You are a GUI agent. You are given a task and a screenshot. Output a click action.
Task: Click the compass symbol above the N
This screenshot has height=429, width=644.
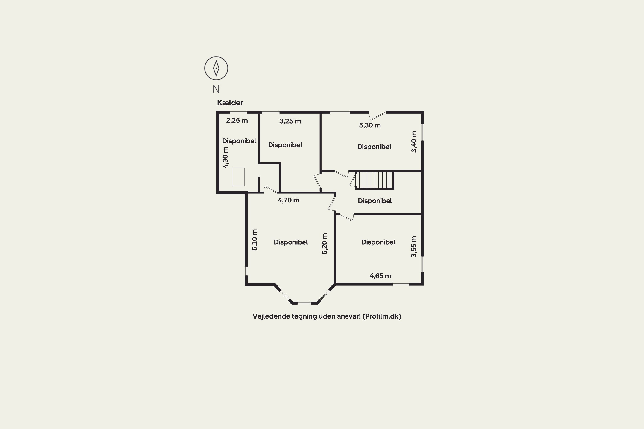pyautogui.click(x=216, y=68)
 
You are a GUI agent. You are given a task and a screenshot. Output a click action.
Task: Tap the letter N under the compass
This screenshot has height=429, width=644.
pyautogui.click(x=216, y=89)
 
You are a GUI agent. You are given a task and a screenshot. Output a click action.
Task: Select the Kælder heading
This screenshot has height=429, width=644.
pyautogui.click(x=230, y=103)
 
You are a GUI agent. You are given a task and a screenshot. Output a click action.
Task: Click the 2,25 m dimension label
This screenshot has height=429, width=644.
pyautogui.click(x=237, y=120)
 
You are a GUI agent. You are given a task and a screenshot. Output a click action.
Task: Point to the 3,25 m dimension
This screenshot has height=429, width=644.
pyautogui.click(x=290, y=121)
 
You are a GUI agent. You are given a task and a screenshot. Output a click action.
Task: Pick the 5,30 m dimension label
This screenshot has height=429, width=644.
pyautogui.click(x=370, y=125)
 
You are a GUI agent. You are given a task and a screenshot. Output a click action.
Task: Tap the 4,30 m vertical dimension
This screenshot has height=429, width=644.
pyautogui.click(x=225, y=158)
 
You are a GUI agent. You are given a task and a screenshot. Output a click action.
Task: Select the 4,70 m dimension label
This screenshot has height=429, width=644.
pyautogui.click(x=289, y=200)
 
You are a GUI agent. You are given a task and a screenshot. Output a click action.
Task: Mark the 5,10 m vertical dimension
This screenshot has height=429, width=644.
pyautogui.click(x=254, y=240)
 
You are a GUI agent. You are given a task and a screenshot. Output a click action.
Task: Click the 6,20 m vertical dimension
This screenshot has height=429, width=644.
pyautogui.click(x=324, y=244)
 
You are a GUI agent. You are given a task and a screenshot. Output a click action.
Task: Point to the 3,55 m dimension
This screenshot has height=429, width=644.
pyautogui.click(x=413, y=246)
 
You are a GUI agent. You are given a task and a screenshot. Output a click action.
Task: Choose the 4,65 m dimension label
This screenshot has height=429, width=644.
pyautogui.click(x=380, y=276)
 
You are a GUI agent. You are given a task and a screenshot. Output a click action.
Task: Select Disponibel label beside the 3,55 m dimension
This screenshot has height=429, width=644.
pyautogui.click(x=378, y=242)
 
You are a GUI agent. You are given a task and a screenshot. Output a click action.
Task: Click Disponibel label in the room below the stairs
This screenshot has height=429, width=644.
pyautogui.click(x=375, y=201)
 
